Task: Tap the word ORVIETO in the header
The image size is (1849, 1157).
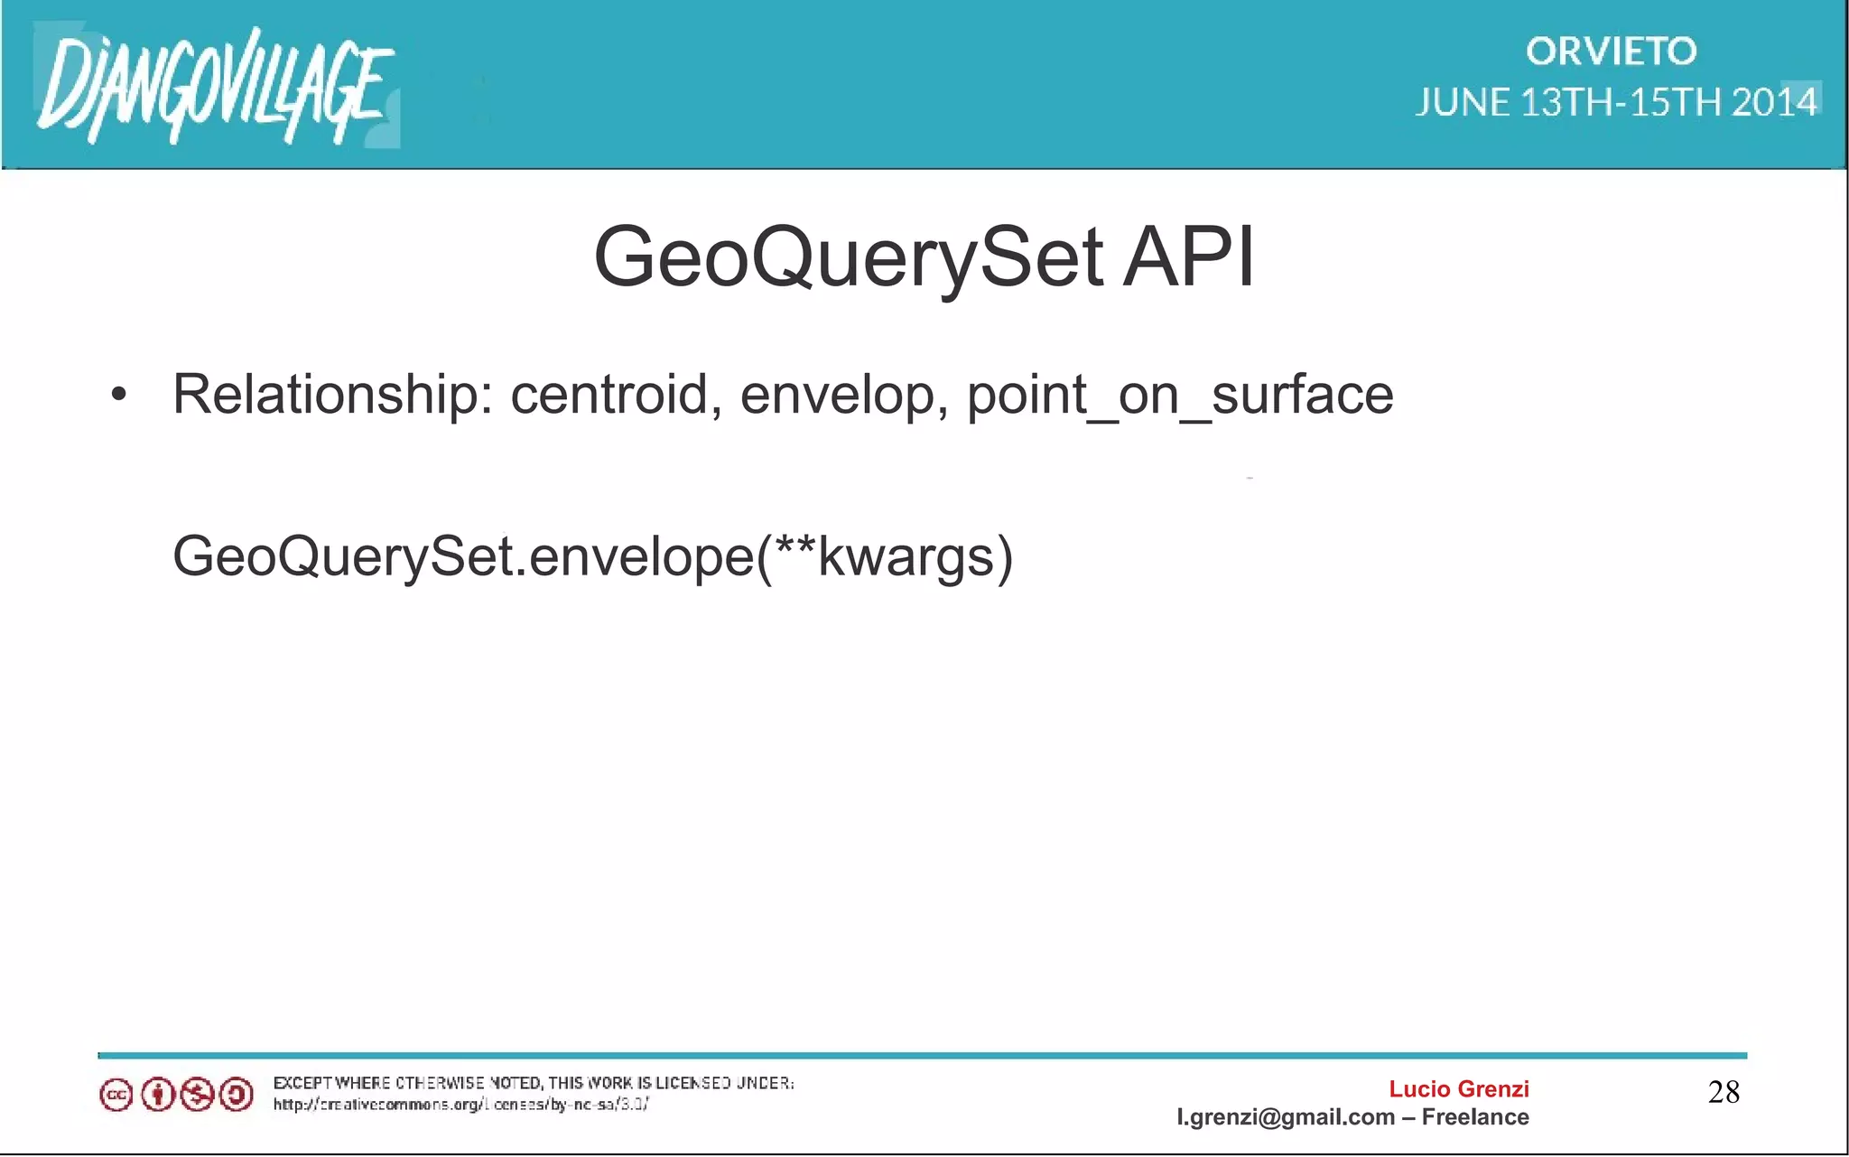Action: tap(1612, 51)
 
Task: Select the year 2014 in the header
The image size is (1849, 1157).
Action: tap(1774, 102)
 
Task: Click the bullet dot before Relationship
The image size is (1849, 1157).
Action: tap(118, 396)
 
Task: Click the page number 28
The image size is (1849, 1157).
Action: tap(1724, 1093)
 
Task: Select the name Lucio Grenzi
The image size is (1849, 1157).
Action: tap(1458, 1089)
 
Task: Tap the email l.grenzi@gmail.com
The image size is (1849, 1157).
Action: tap(1285, 1117)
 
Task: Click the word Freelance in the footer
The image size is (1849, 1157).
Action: tap(1475, 1117)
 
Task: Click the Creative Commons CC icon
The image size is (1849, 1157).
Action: tap(116, 1096)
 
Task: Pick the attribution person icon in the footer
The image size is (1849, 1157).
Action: tap(157, 1096)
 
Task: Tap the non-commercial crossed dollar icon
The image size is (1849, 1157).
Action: tap(197, 1096)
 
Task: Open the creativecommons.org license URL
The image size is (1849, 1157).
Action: tap(460, 1105)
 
